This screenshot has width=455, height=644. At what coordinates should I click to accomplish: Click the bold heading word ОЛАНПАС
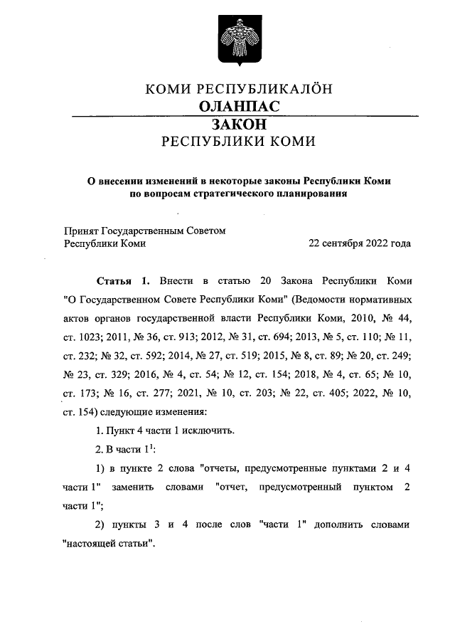point(238,106)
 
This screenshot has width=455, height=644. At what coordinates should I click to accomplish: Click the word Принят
point(81,231)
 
